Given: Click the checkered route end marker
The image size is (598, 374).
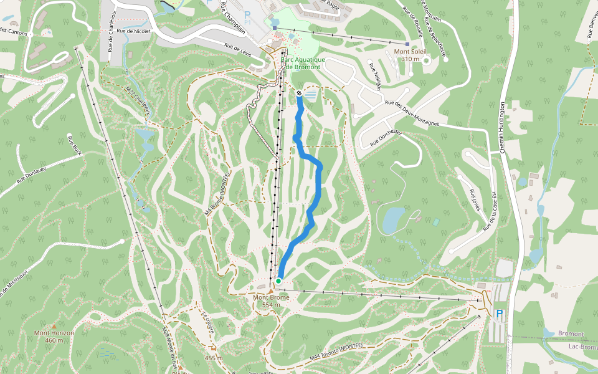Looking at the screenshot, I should coord(300,93).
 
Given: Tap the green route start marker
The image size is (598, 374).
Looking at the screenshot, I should coord(278,281).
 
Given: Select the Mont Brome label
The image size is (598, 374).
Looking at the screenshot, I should coord(270,301).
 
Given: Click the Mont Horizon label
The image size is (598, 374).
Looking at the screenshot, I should coord(54,336).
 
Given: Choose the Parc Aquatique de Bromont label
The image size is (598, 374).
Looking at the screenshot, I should coord(299,63).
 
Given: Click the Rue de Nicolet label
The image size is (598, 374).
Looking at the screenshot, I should coord(134,31).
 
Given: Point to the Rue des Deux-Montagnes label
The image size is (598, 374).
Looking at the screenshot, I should coord(412,113).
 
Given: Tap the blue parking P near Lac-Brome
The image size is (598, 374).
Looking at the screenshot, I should coord(498,314).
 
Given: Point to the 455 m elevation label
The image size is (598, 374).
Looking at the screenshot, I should coord(214,358).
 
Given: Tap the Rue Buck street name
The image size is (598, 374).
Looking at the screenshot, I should coord(75,145).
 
